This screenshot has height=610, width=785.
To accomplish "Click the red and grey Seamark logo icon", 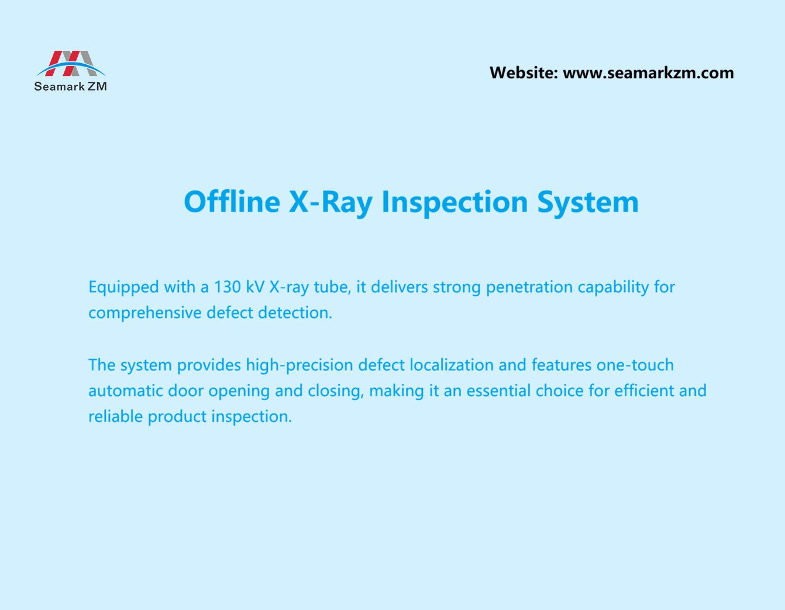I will point(71,63).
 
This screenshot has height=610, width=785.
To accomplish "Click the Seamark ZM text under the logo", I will point(70,86).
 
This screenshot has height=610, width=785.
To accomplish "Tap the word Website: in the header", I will point(524,73).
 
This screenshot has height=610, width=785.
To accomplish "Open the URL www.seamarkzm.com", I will point(648,73).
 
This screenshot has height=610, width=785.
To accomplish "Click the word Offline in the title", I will point(232,202).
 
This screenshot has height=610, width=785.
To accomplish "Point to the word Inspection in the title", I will point(455,202).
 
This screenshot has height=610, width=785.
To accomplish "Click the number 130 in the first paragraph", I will point(227,287).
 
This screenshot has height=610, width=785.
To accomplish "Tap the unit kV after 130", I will point(255,287).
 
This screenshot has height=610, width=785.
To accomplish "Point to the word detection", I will point(295,313).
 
